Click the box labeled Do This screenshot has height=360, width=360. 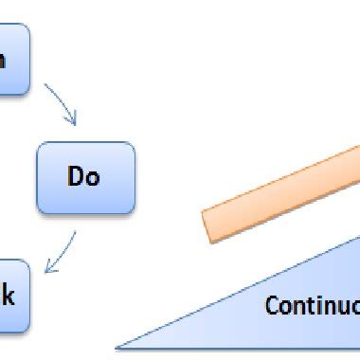tap(85, 178)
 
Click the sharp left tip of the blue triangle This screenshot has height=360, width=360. tap(118, 348)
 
